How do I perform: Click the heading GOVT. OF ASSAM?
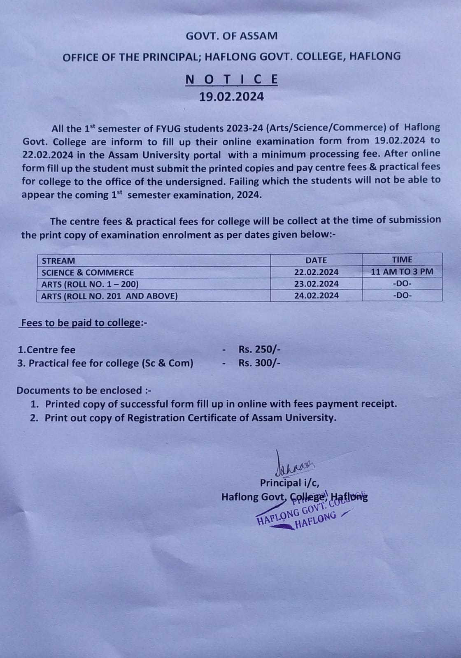231,36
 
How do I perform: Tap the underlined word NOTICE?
231,79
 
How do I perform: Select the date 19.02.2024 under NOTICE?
231,97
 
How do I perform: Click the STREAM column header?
58,261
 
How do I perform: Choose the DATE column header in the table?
316,260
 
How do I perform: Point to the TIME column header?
402,259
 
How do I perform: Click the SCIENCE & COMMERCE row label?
88,272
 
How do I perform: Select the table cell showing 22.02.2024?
316,272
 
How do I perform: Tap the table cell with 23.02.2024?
316,284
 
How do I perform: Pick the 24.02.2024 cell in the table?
316,295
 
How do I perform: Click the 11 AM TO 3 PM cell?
402,271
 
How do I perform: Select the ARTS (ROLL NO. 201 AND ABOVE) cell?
109,296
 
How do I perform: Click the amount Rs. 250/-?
259,350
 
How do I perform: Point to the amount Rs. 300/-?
259,363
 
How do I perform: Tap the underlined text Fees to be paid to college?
81,323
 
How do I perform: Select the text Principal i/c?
289,483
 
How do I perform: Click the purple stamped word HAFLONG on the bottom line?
316,520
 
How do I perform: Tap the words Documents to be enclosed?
79,390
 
